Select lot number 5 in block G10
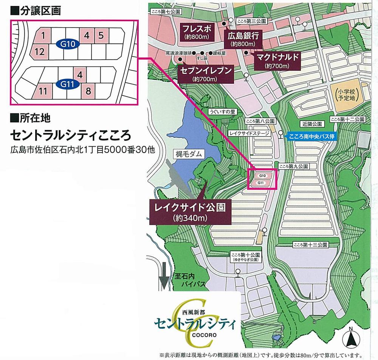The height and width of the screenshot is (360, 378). pos(101,36)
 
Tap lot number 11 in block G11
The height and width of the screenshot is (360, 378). pos(43,91)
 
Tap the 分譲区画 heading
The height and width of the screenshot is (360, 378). pos(36,11)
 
